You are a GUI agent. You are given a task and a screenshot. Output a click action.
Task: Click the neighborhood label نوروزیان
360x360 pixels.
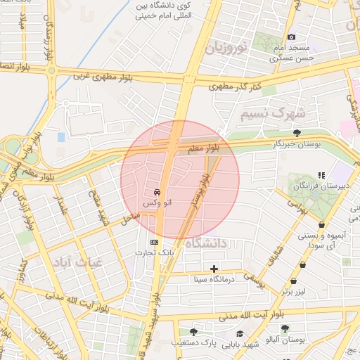coord(229,49)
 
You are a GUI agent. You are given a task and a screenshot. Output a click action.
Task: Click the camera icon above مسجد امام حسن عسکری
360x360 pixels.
coord(292,37)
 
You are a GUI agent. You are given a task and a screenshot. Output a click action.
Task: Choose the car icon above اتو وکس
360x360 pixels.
coord(156,192)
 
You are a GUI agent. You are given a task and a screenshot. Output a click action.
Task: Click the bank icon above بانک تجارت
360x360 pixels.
coord(155,243)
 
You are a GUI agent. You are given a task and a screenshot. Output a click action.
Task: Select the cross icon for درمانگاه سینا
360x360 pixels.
coord(214,269)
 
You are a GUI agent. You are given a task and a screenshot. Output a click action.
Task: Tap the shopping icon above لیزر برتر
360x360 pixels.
coord(303,265)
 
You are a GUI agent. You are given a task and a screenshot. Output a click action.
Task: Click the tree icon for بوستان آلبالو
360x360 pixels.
coord(285,328)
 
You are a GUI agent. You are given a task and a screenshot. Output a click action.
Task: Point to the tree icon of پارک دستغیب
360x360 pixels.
coord(193,331)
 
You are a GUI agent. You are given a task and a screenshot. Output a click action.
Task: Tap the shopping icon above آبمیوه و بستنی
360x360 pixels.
coord(322,225)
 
